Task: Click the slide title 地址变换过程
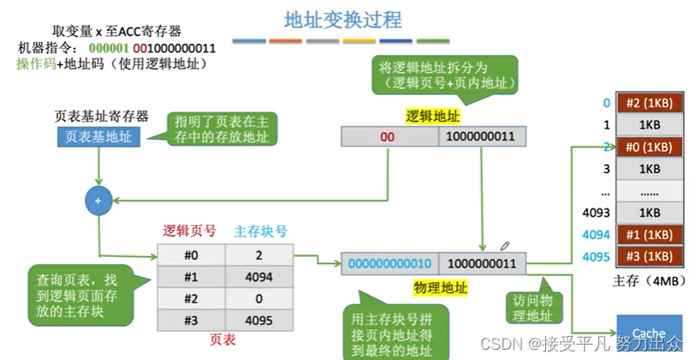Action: point(342,18)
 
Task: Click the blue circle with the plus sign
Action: point(97,201)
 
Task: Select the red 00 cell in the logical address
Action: point(388,136)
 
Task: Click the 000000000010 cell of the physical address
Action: point(390,264)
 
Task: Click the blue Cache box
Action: point(649,332)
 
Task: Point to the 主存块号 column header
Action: point(260,231)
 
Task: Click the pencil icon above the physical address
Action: point(506,247)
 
